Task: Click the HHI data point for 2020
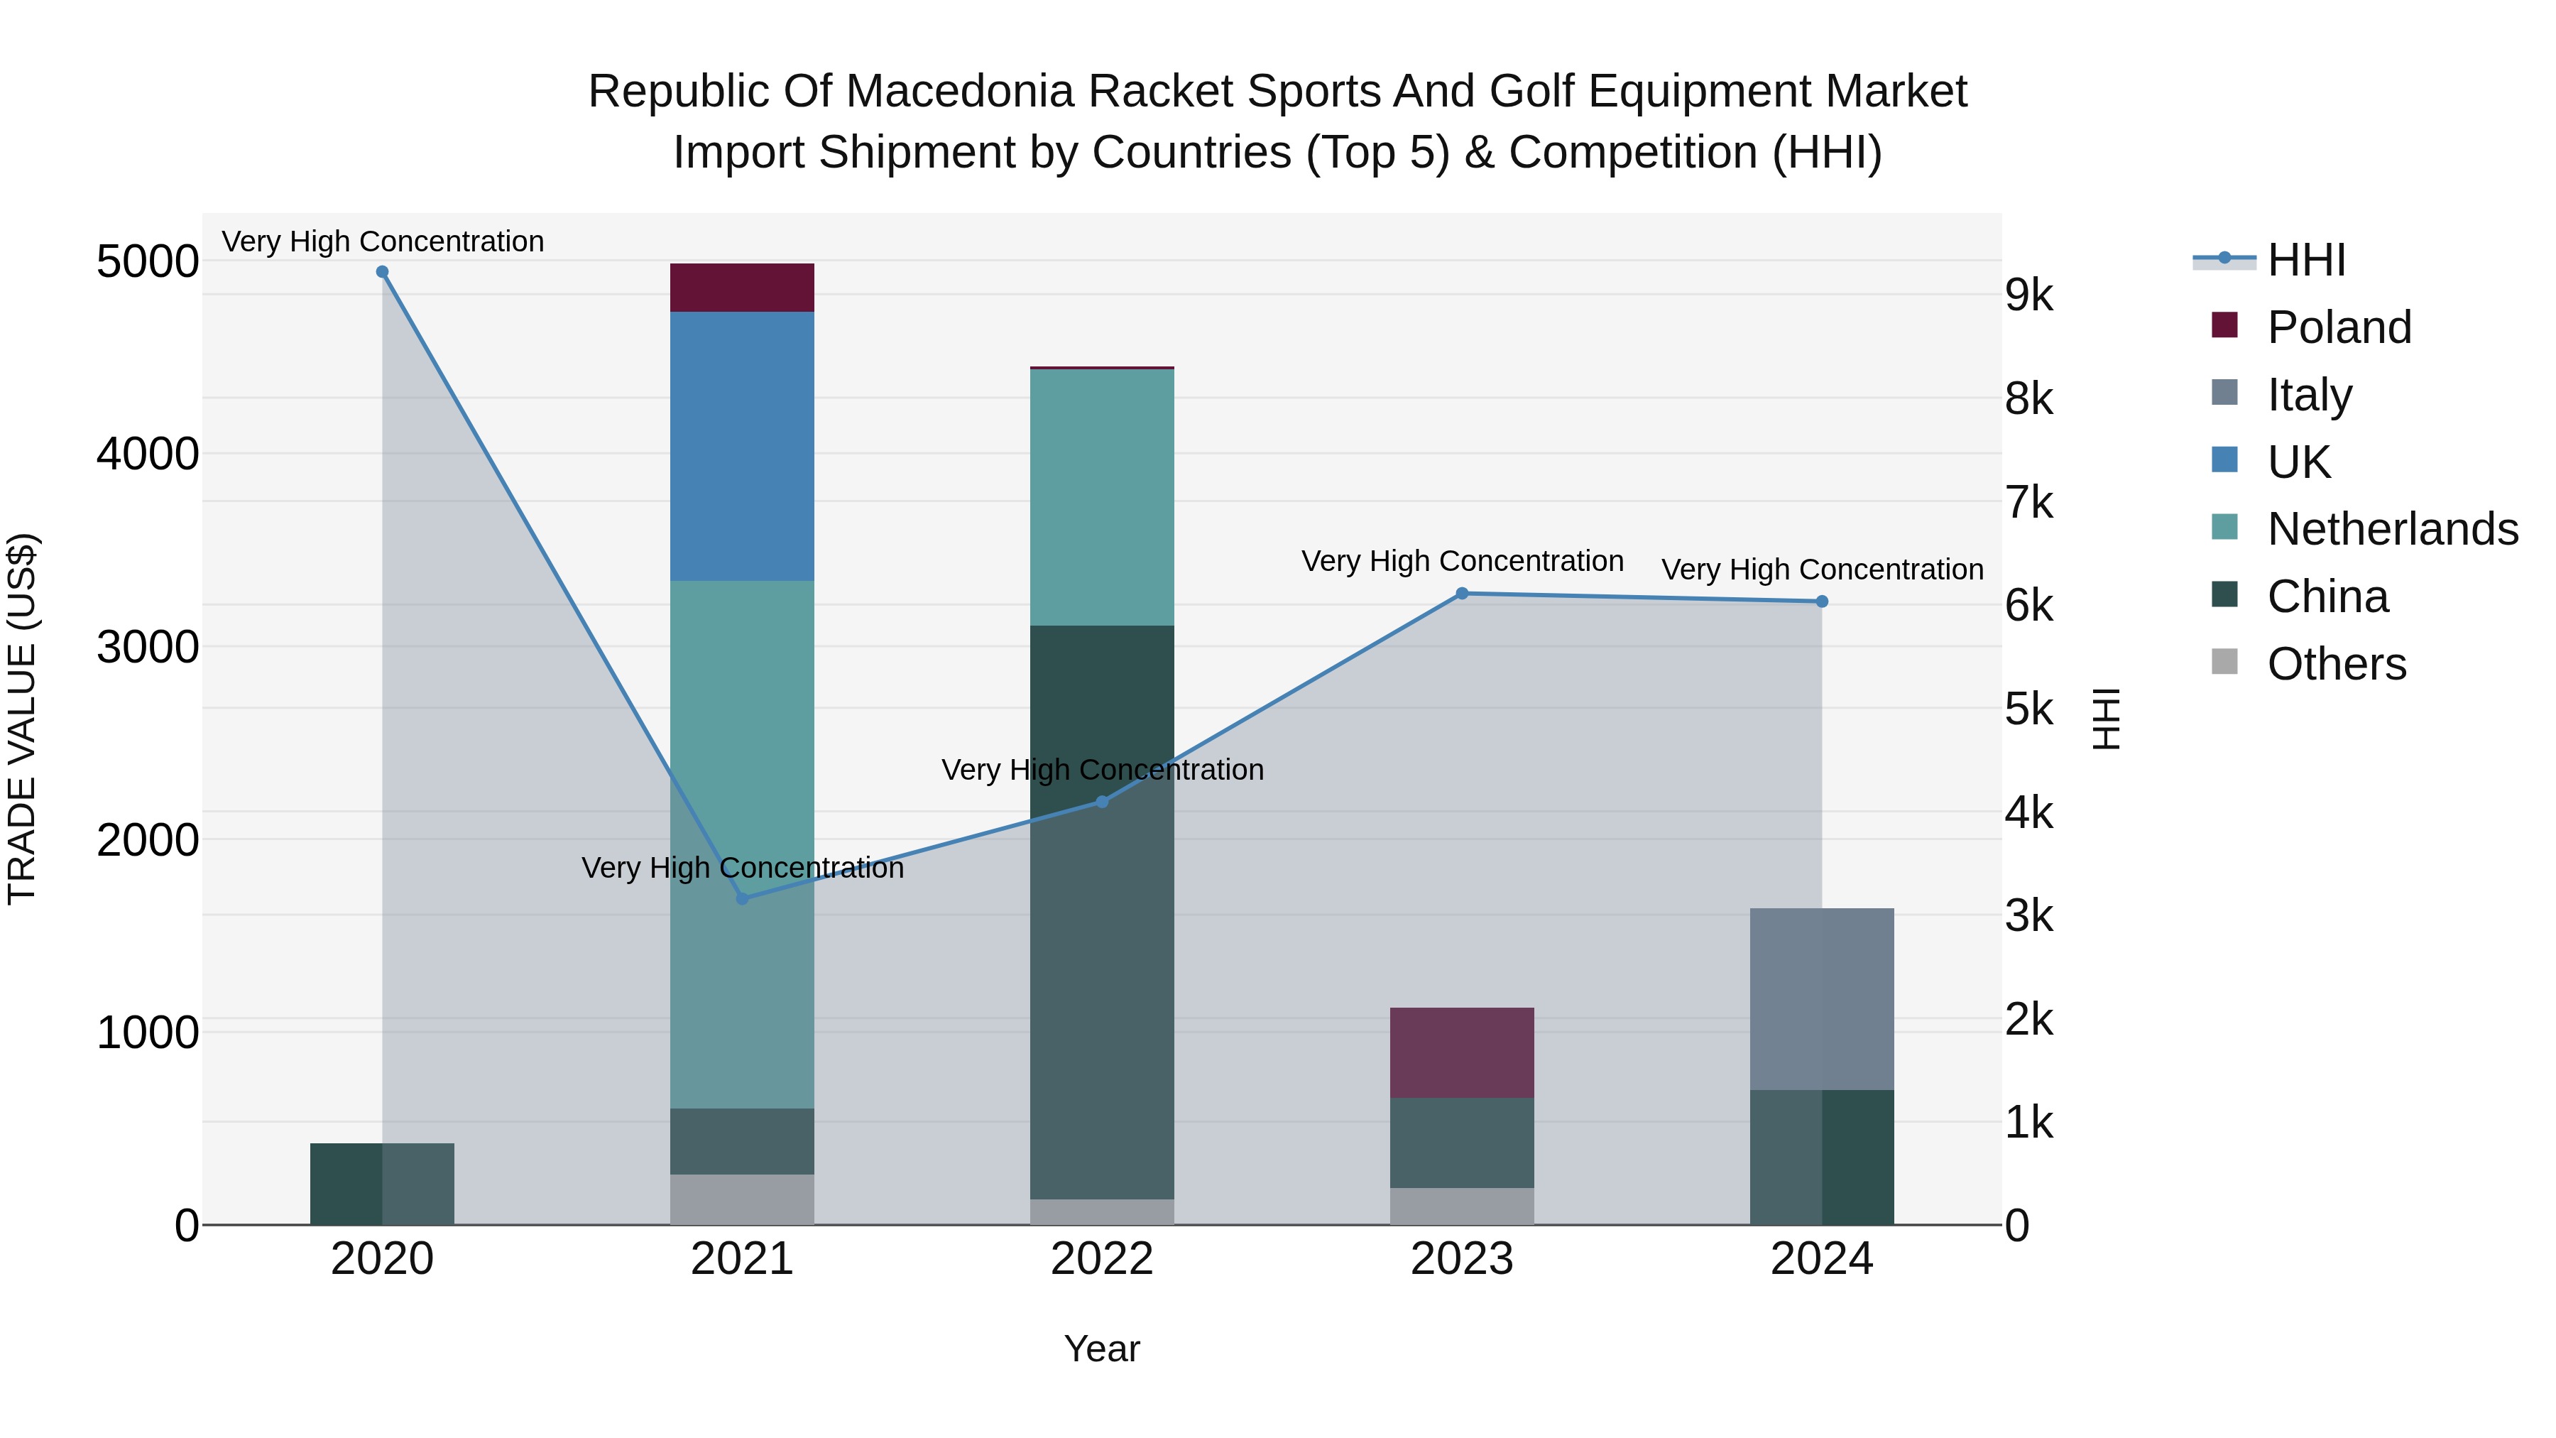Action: tap(382, 272)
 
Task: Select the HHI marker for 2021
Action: tap(742, 898)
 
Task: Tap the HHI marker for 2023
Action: tap(1462, 594)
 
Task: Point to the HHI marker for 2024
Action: tap(1822, 601)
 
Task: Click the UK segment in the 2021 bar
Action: tap(742, 447)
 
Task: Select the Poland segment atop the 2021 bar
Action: tap(742, 288)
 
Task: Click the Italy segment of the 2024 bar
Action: tap(1822, 998)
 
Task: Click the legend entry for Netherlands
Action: tap(2392, 529)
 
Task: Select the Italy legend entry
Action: tap(2310, 394)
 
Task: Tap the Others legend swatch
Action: tap(2224, 662)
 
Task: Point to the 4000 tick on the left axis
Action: tap(148, 454)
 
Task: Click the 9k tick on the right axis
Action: tap(2028, 295)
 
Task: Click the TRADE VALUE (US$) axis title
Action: tap(22, 719)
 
